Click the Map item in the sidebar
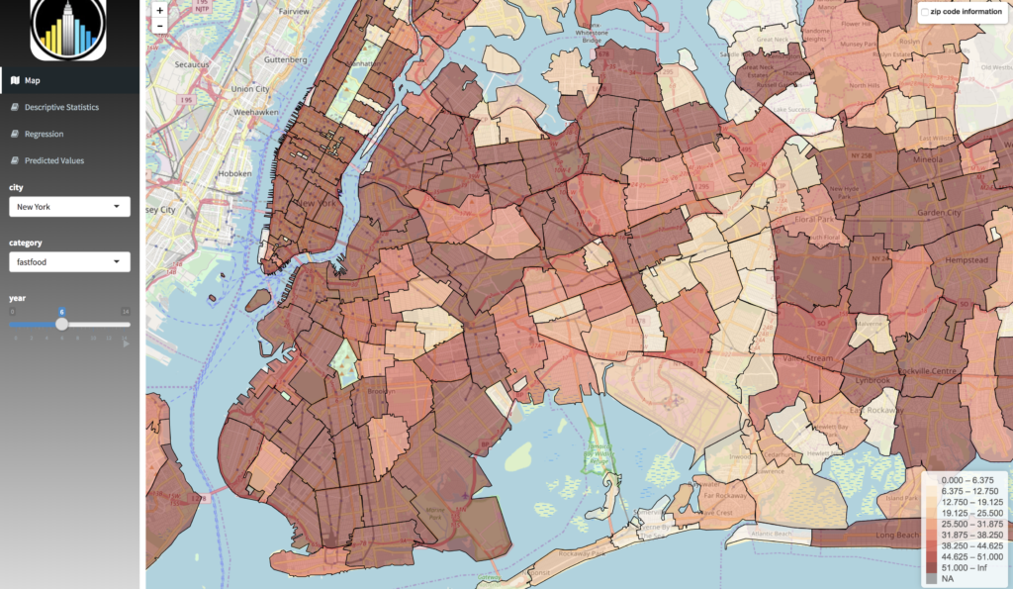pos(33,80)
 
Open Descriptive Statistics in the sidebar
pos(61,107)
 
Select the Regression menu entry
pos(44,134)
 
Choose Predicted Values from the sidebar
pos(54,160)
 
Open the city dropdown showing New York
pos(69,207)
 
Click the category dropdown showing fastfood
pos(69,262)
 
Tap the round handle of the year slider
pos(61,324)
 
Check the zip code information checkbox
pos(924,12)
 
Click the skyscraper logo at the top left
pos(68,29)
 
